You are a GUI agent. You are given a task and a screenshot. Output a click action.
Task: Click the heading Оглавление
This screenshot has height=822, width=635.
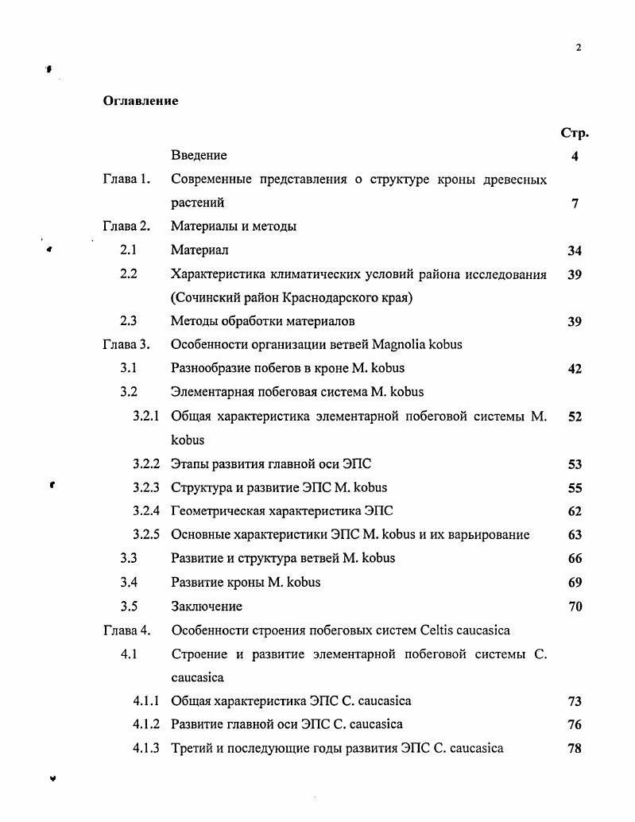[x=141, y=101]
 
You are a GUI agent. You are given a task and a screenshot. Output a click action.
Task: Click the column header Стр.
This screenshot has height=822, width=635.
[x=574, y=133]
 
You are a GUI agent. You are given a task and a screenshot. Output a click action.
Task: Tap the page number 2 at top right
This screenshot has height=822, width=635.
[x=578, y=48]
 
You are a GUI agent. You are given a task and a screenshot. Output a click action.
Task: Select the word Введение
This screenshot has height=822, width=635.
[x=199, y=156]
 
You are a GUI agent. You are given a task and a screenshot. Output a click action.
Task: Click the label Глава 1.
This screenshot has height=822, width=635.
[x=126, y=180]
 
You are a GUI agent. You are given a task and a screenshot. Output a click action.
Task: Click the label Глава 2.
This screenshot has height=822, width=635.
[x=126, y=227]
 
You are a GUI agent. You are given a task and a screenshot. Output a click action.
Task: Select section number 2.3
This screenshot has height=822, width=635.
[x=129, y=321]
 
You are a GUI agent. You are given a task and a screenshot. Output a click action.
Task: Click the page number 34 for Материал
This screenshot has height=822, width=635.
[x=574, y=251]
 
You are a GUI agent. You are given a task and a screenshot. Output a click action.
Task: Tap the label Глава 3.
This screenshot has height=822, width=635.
[x=126, y=345]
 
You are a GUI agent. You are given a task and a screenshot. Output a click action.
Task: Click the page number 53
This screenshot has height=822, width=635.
[x=574, y=464]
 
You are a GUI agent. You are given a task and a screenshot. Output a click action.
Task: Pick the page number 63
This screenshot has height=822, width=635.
[x=574, y=535]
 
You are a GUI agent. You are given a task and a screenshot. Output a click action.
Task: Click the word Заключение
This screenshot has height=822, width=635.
[x=207, y=606]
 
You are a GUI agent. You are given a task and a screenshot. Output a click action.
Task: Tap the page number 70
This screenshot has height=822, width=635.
[x=574, y=606]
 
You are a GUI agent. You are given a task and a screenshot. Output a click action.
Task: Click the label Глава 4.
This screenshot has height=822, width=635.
[x=126, y=630]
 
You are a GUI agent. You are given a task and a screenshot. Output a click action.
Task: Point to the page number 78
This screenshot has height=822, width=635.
[x=574, y=748]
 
